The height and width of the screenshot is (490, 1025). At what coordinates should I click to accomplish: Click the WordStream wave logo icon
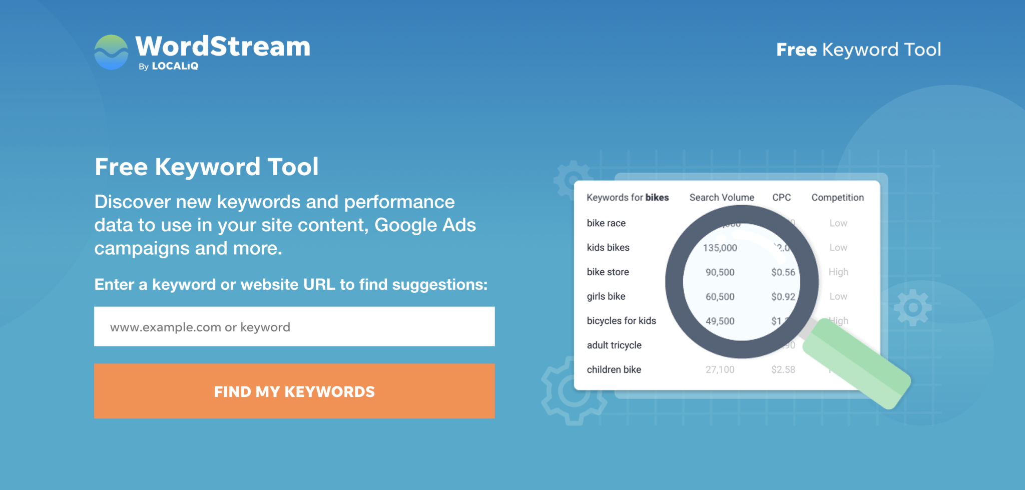click(x=111, y=52)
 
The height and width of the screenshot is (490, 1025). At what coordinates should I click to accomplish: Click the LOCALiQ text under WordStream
click(x=175, y=66)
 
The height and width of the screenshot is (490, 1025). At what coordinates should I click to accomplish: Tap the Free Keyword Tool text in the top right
click(x=858, y=50)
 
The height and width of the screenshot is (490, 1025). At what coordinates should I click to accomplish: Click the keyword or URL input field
click(x=294, y=327)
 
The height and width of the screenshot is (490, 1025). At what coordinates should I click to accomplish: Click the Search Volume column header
click(x=721, y=198)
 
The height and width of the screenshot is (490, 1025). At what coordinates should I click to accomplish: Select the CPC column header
click(x=781, y=198)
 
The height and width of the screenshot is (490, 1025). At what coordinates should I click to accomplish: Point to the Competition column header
click(x=837, y=198)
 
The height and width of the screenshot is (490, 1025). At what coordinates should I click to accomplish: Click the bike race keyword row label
click(x=606, y=223)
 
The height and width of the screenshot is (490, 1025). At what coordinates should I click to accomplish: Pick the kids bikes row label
click(x=608, y=248)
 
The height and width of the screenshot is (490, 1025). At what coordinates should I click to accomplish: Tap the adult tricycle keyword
click(x=614, y=345)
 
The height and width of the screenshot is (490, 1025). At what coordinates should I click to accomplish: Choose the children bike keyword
click(x=614, y=370)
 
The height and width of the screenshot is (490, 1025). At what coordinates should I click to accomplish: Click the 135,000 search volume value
click(x=720, y=248)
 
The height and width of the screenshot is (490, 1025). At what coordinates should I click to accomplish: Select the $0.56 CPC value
click(x=783, y=272)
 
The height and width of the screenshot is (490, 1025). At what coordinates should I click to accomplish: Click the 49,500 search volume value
click(x=720, y=321)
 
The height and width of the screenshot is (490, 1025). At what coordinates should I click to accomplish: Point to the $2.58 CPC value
click(x=783, y=370)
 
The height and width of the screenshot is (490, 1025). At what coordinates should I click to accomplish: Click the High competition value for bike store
click(x=838, y=272)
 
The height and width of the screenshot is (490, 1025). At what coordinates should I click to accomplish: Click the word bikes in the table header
click(x=657, y=198)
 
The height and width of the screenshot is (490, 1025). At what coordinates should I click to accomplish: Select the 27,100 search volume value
click(x=720, y=370)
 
